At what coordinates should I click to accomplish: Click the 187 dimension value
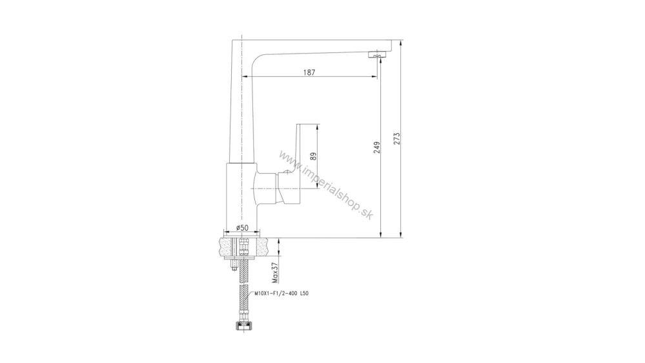tap(309, 72)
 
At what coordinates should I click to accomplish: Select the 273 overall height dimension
tap(396, 138)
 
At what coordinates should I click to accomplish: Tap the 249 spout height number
tap(377, 147)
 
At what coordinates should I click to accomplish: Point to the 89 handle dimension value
tap(313, 156)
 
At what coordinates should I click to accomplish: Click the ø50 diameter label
tap(242, 227)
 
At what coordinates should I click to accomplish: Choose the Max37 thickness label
tap(275, 273)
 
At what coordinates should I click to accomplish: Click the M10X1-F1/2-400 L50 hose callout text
tap(282, 293)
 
